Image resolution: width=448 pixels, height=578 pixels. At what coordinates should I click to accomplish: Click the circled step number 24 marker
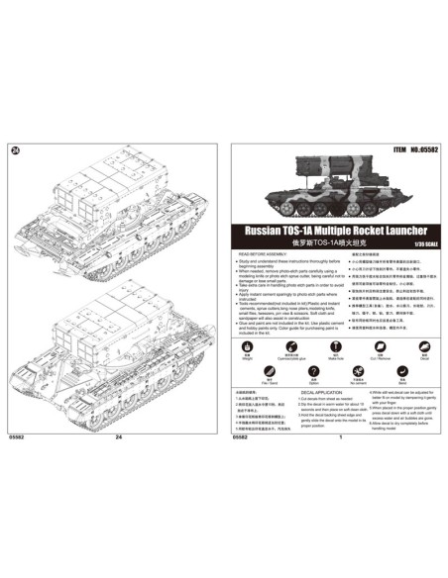click(15, 150)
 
